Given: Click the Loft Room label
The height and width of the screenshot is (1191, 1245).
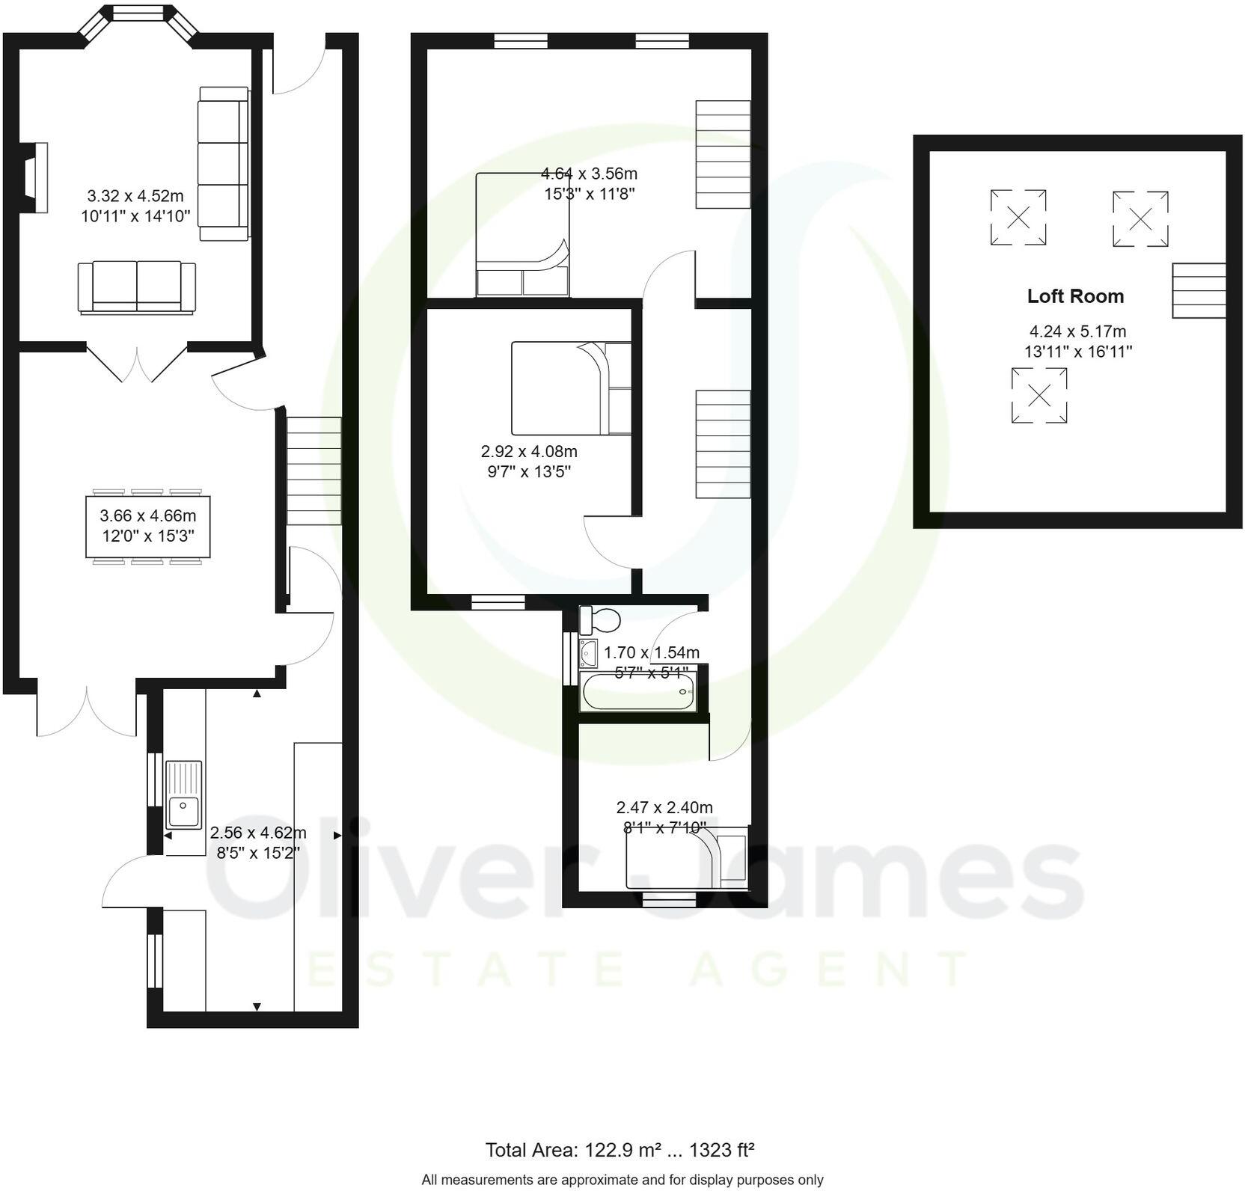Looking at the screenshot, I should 1074,296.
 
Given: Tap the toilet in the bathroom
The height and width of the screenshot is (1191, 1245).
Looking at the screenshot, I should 602,619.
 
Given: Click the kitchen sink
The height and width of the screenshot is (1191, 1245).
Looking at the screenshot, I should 183,794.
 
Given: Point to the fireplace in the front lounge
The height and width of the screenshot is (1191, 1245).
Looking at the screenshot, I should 36,178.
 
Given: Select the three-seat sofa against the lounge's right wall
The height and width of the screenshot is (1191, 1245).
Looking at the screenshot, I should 223,163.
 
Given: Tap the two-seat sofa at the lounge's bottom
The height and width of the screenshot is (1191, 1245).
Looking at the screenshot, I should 137,287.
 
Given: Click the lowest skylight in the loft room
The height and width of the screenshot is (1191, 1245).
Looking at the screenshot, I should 1038,396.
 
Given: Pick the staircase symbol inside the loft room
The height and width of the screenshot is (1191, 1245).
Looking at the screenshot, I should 1198,291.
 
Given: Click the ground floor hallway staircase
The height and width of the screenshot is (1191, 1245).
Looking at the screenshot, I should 314,471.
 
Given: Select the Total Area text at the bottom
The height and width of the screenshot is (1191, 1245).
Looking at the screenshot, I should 620,1150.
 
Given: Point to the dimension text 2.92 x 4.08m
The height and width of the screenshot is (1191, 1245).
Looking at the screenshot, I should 529,452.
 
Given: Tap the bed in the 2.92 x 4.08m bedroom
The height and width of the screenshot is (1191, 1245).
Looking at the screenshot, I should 570,388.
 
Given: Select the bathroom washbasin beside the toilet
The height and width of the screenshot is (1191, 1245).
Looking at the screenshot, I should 589,652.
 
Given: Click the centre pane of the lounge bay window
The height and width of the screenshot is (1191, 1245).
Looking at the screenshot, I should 140,12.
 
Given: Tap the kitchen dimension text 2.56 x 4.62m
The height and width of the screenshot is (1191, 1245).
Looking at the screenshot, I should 258,833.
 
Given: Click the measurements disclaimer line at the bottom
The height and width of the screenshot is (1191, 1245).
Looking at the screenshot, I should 622,1180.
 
